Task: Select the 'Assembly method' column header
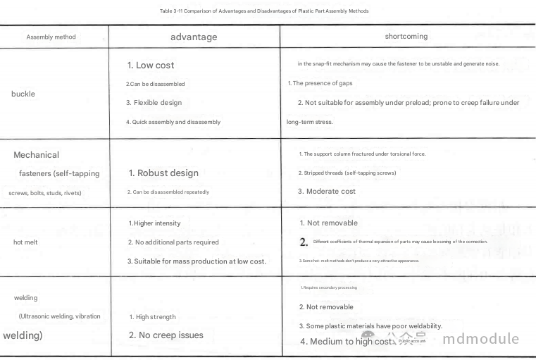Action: click(x=51, y=37)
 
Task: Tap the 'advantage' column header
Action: click(x=194, y=37)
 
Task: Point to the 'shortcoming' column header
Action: click(x=406, y=36)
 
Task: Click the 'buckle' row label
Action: click(x=23, y=94)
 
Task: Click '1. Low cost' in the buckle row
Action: click(x=151, y=65)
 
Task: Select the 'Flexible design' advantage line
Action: click(x=154, y=103)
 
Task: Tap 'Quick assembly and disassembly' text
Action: click(x=173, y=122)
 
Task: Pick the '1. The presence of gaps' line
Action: click(x=320, y=83)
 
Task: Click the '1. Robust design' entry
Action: click(x=163, y=173)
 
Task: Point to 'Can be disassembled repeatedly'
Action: click(x=168, y=192)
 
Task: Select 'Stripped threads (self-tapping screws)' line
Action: click(x=347, y=173)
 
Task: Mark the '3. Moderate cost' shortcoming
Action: click(x=327, y=191)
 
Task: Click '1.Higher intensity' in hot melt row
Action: click(x=154, y=223)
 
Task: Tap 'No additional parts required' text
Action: click(x=173, y=242)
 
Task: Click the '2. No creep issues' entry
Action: click(x=166, y=335)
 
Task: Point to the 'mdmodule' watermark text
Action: click(x=481, y=339)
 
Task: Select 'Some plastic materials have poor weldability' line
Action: click(x=370, y=326)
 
